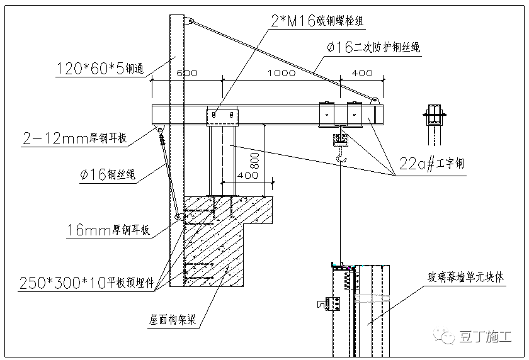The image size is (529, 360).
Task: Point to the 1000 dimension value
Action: (x=281, y=73)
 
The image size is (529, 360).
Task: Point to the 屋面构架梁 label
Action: (x=173, y=319)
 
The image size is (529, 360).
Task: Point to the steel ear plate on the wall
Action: (x=178, y=217)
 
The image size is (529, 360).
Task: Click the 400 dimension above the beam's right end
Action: (x=361, y=73)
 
